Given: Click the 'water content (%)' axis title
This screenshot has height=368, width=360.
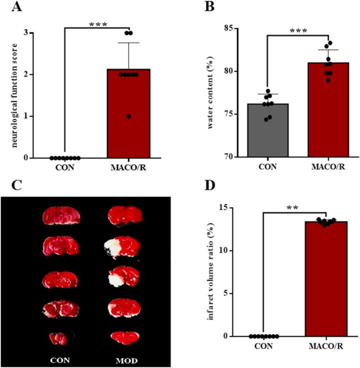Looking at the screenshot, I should click(211, 92).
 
